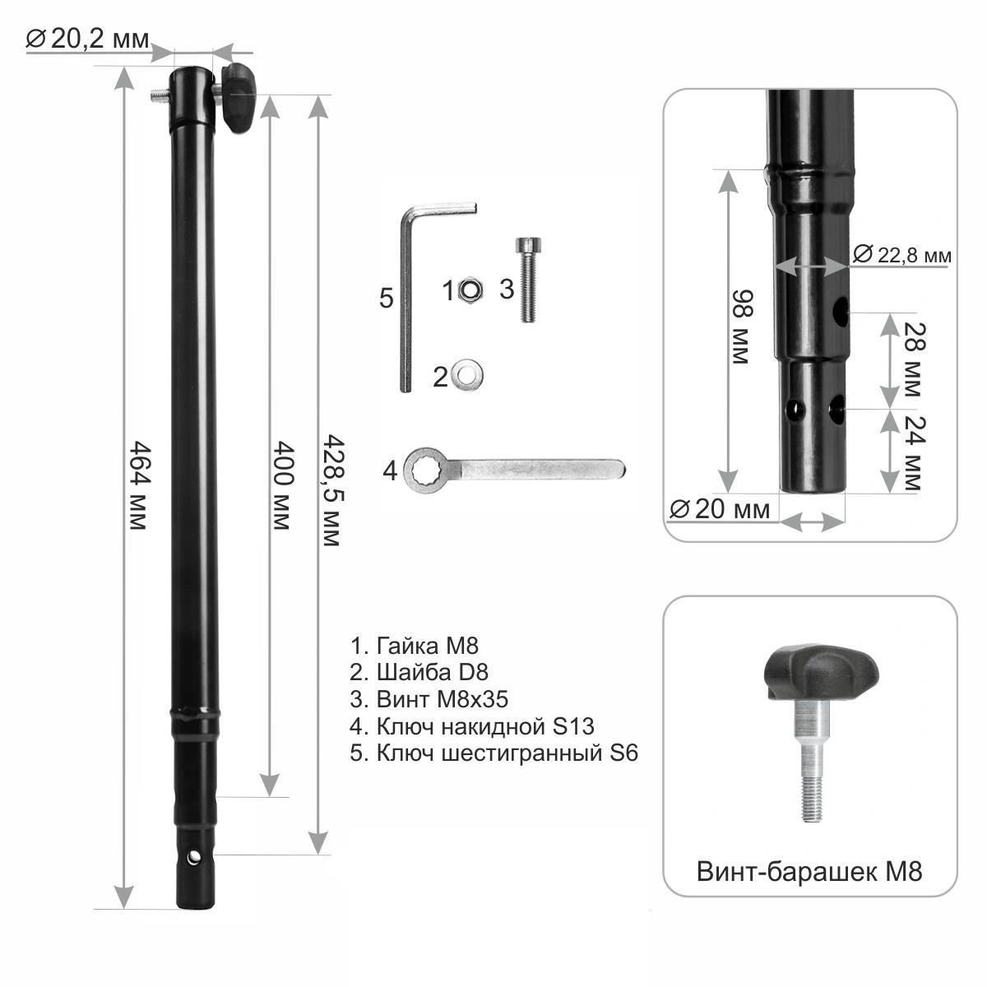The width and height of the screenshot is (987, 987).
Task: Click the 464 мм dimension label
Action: click(139, 485)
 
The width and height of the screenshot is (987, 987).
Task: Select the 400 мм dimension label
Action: click(282, 485)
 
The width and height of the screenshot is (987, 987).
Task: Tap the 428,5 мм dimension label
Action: click(333, 491)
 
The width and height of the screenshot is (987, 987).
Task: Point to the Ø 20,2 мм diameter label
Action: click(87, 39)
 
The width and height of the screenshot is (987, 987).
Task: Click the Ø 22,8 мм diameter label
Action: click(902, 254)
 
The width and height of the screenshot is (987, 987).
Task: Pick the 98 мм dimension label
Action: click(742, 327)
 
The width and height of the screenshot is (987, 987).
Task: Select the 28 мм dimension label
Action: click(915, 359)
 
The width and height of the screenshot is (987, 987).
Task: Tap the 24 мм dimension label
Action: click(915, 452)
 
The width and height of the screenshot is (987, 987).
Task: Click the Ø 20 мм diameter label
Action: click(720, 509)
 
